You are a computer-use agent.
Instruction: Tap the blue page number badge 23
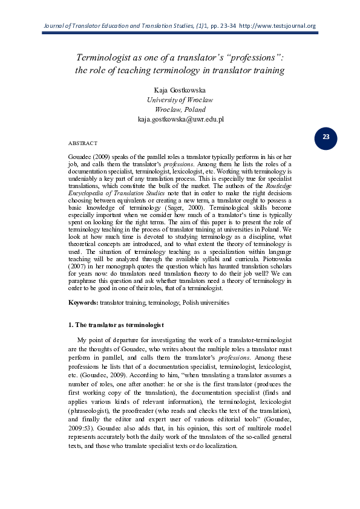326,137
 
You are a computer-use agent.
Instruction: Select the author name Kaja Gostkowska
180,89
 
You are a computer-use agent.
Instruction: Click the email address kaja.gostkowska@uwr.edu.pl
180,119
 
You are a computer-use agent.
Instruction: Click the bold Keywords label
84,302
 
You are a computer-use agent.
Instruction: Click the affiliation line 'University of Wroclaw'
180,99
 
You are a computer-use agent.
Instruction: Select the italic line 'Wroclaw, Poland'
180,109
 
